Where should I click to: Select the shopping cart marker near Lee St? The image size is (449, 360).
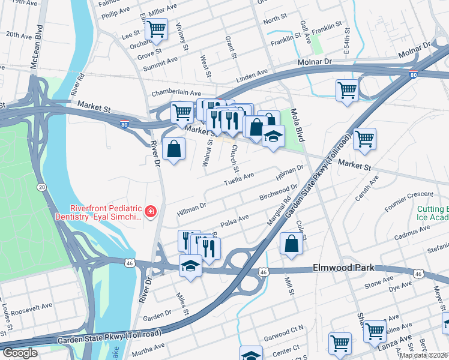156,28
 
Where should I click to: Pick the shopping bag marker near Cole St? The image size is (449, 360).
291,244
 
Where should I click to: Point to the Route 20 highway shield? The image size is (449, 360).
41,187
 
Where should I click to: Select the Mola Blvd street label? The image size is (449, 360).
296,124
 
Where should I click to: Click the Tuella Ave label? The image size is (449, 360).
239,179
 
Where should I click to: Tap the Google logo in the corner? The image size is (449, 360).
20,353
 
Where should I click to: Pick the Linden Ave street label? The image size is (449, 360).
252,74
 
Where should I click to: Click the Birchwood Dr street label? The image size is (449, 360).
278,193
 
